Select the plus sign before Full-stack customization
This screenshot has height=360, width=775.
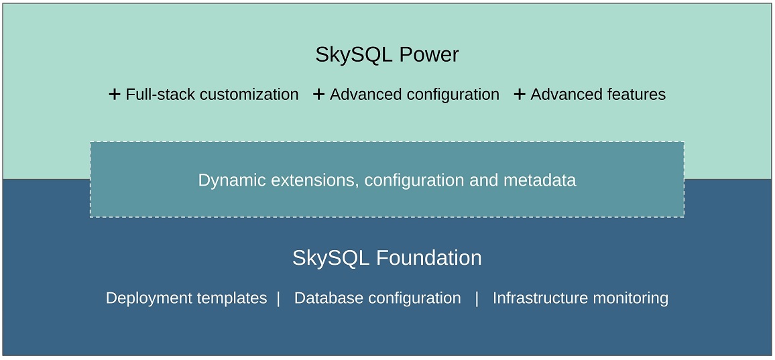click(x=115, y=95)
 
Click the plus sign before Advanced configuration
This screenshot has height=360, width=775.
click(x=318, y=95)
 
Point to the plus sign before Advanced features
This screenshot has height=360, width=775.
click(x=519, y=95)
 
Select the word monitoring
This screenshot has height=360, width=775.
click(x=632, y=298)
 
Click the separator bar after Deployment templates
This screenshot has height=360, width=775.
click(x=278, y=298)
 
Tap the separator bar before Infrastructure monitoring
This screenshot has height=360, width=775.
click(x=477, y=298)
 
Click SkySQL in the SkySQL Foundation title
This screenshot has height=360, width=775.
click(x=331, y=258)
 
